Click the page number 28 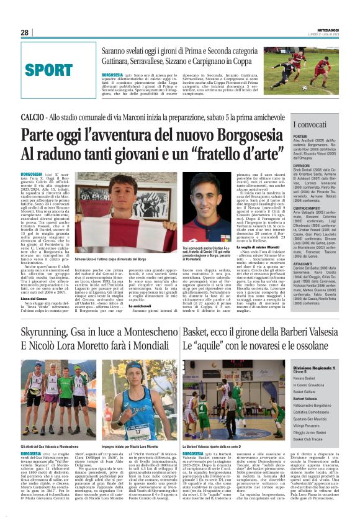25,32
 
